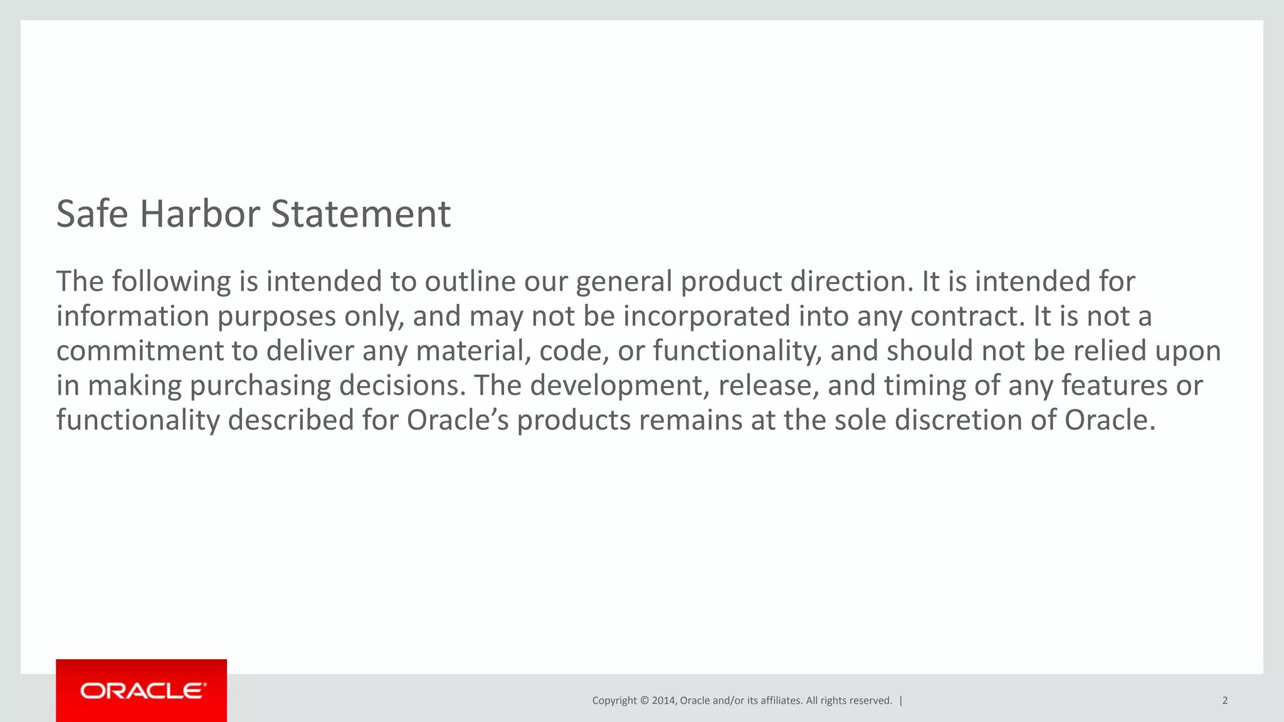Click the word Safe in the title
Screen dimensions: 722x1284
click(x=92, y=214)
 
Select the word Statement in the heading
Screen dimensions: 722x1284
click(x=360, y=214)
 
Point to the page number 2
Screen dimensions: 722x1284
click(x=1224, y=701)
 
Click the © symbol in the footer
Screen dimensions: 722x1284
click(x=644, y=701)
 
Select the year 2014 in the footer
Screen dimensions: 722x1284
click(x=663, y=701)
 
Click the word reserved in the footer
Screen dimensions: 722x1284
click(x=868, y=701)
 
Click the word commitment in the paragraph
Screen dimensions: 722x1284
click(x=140, y=351)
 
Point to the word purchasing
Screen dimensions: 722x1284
click(x=260, y=386)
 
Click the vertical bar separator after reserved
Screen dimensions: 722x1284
click(x=901, y=701)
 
